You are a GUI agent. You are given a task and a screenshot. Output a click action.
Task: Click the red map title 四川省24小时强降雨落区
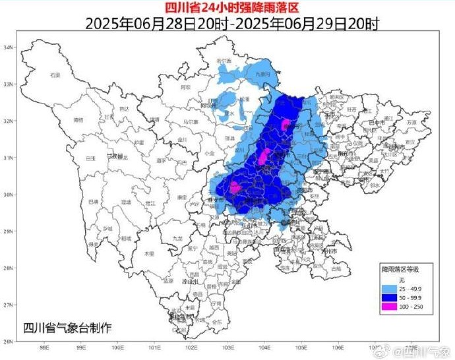227,7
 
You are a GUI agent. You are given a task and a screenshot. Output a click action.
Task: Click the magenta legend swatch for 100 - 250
390,307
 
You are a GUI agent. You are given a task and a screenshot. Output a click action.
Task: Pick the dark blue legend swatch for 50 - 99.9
390,298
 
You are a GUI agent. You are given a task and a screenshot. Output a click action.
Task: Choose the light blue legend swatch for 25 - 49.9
390,289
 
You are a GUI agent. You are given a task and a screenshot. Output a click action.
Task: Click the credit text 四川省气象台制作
67,328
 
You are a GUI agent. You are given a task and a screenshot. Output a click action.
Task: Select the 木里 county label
150,253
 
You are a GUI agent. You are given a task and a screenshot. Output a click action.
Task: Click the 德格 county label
79,120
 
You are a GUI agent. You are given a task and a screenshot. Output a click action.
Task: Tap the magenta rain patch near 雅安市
235,187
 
